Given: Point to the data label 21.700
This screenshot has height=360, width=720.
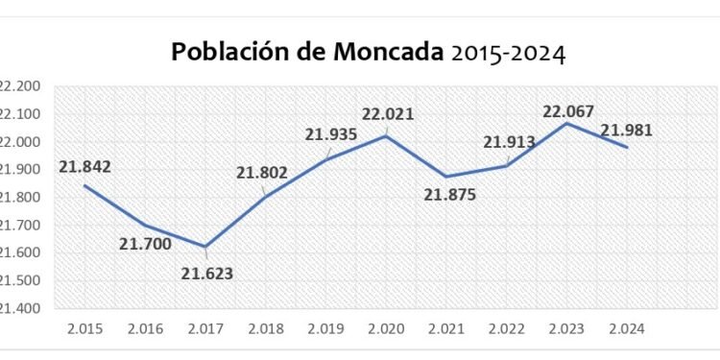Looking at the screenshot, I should [x=144, y=244].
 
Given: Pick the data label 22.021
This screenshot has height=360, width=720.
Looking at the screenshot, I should [x=387, y=114].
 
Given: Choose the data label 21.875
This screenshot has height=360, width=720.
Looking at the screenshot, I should [x=448, y=195].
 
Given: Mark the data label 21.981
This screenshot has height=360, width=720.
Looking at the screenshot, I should [x=626, y=130].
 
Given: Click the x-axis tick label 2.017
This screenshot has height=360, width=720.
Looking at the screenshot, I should [x=205, y=328].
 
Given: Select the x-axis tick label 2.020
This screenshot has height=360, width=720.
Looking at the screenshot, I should [x=387, y=328].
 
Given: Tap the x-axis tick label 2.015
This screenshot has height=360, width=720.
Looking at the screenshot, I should [x=84, y=328].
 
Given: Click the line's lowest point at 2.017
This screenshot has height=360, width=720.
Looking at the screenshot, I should [x=205, y=247].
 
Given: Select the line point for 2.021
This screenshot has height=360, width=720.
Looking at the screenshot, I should [x=447, y=177].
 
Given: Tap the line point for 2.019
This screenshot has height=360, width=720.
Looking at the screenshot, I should [x=326, y=159].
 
